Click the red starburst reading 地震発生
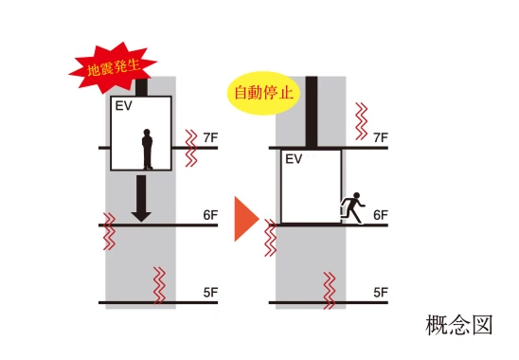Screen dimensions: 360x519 pos(111,64)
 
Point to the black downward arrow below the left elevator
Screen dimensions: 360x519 pos(141,198)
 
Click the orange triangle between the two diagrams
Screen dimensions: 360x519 pos(245,219)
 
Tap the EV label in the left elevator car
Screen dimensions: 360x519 pos(122,105)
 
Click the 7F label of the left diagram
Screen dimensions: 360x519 pos(210,138)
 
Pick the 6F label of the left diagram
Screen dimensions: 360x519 pos(210,215)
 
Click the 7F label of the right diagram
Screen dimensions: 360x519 pos(380,138)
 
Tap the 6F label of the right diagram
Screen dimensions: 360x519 pos(380,215)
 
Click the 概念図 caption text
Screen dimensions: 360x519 pos(459,326)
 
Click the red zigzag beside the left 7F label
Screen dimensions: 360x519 pos(191,148)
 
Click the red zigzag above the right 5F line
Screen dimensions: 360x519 pos(331,288)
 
